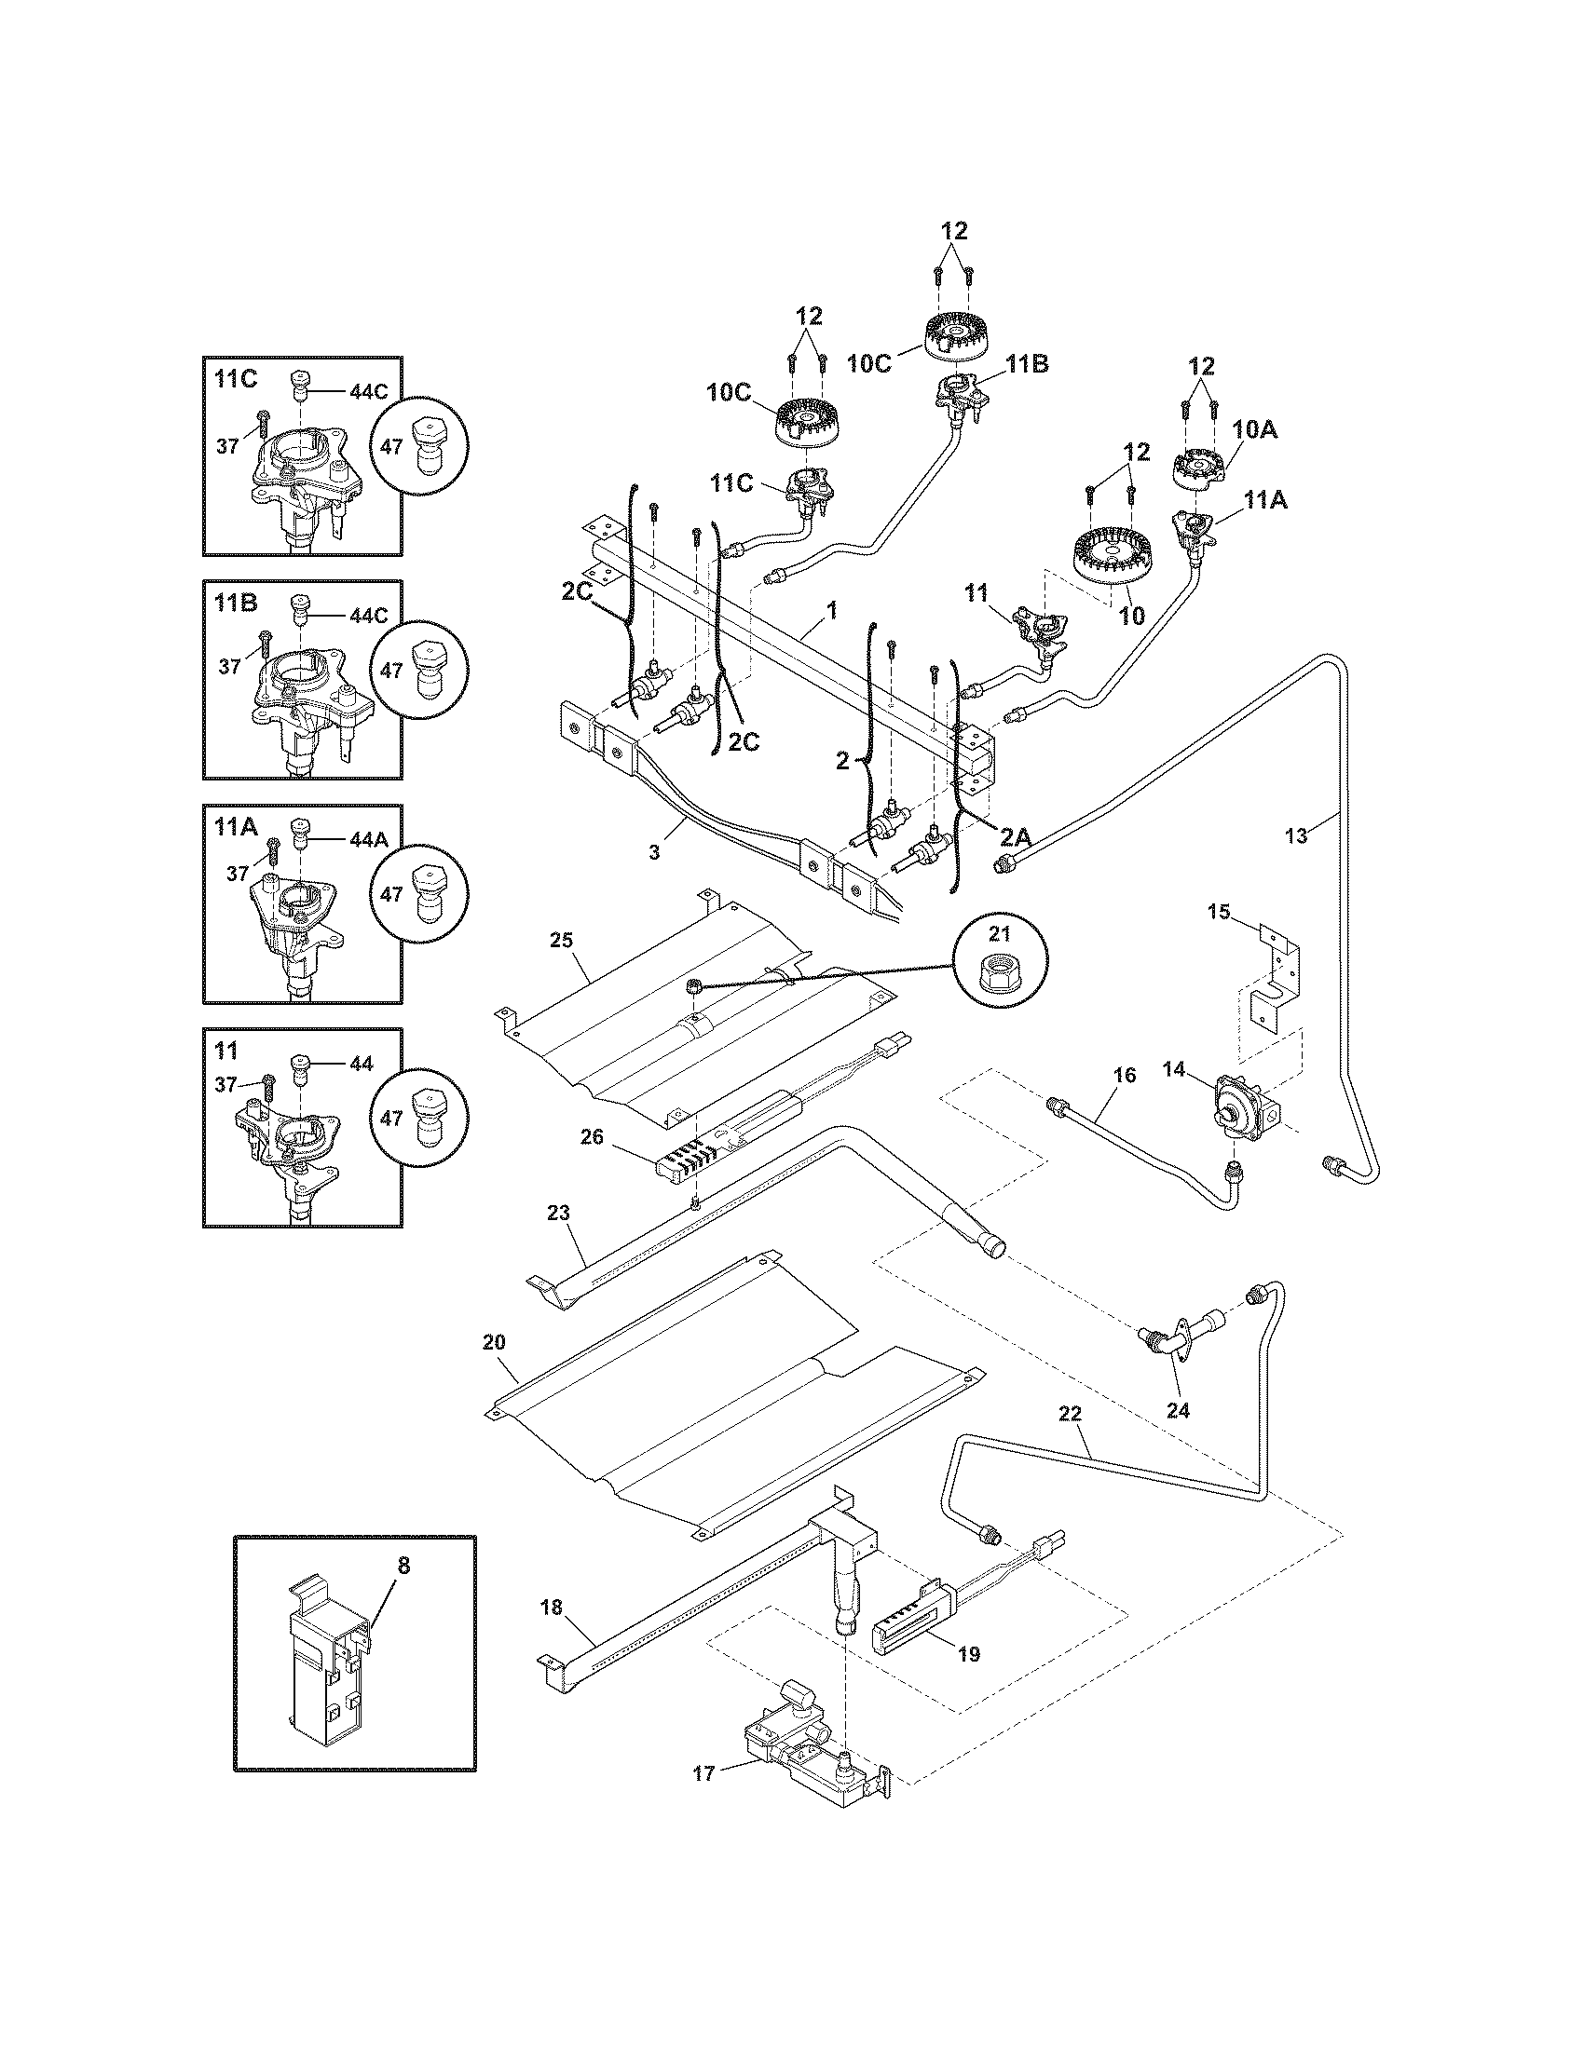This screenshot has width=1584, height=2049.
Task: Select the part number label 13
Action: pyautogui.click(x=1295, y=837)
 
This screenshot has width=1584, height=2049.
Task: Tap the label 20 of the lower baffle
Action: pyautogui.click(x=494, y=1342)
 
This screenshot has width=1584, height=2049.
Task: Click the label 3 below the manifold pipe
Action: pyautogui.click(x=654, y=853)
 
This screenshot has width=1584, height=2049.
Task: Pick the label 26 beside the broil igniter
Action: pyautogui.click(x=591, y=1136)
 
